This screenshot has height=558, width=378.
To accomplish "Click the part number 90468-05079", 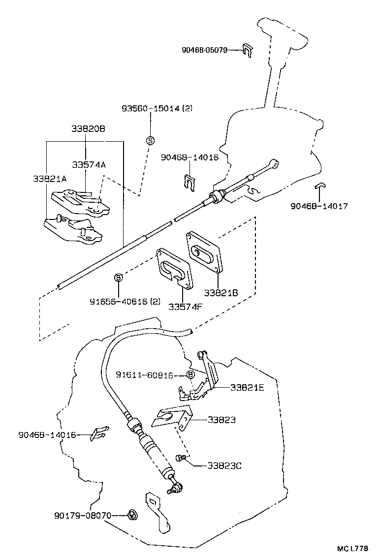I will pos(204,50).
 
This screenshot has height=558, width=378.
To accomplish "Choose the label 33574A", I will pos(88,165).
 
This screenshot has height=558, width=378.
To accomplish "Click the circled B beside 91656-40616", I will pos(118,278).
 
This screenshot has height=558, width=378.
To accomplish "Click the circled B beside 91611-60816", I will pos(190,375).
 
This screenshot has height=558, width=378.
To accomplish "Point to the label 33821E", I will pos(247,387).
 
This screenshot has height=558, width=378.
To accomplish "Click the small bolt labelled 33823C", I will pos(181,458).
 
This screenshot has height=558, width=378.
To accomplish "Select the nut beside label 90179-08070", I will pos(131,516).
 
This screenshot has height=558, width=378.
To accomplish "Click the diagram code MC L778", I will pos(352,548).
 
